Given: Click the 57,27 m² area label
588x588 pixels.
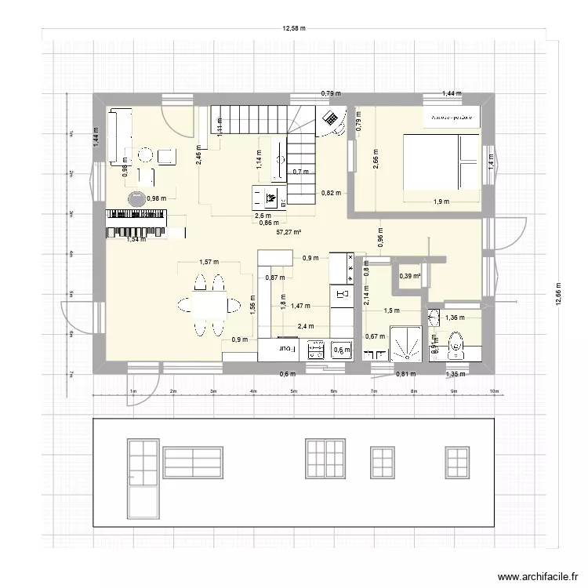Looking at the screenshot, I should click(289, 232).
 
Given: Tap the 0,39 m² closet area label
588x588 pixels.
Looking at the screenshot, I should click(410, 275).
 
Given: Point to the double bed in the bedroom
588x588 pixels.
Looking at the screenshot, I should click(441, 162).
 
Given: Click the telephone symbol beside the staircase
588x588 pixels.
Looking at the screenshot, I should click(332, 119).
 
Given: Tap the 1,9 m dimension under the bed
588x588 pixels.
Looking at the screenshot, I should click(441, 201).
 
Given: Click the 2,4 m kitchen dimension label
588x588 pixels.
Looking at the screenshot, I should click(305, 326).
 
